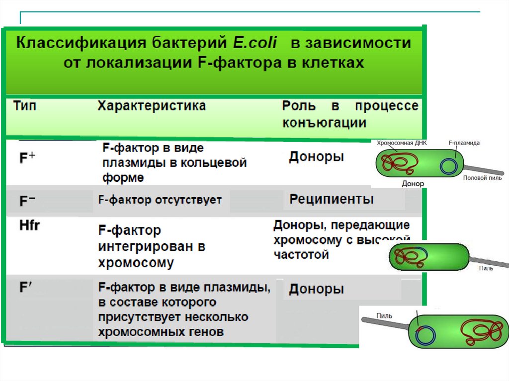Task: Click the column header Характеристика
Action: click(x=151, y=106)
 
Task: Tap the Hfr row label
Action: click(x=29, y=226)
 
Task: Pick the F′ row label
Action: click(x=25, y=287)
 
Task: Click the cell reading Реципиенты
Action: click(x=332, y=200)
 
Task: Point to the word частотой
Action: click(x=301, y=255)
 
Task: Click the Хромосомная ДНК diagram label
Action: click(x=402, y=143)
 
